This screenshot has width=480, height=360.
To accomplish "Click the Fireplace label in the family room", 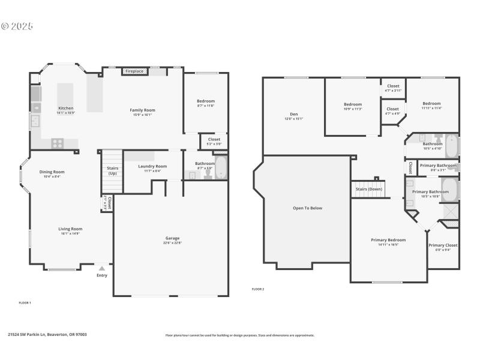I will (134, 71).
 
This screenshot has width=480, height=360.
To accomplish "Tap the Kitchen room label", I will (65, 108).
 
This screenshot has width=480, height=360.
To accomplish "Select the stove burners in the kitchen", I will (58, 143).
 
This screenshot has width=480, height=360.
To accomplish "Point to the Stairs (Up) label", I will (112, 171).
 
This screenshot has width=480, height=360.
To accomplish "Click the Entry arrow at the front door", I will (102, 269).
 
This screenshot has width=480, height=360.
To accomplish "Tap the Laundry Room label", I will (152, 166).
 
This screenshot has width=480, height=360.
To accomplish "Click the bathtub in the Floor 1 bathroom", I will (221, 167).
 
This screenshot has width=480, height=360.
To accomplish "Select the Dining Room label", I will (52, 172).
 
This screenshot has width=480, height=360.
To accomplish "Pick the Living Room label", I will (70, 229).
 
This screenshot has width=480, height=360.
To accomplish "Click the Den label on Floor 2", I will (293, 114).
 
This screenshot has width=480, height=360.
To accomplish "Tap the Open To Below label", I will (307, 208).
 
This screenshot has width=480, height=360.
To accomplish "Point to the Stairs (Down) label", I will (369, 189).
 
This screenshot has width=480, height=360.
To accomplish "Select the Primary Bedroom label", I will (388, 240).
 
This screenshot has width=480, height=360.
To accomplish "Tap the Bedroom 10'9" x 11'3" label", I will (352, 104).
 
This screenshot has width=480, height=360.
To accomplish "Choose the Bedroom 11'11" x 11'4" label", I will (431, 104).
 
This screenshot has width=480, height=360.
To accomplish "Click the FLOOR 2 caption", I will (257, 289).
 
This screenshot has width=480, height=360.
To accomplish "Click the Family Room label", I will (142, 110).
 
